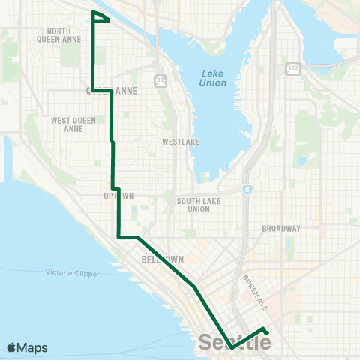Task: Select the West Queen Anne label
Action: (67, 124)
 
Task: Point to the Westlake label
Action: (178, 141)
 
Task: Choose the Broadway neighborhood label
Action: (281, 228)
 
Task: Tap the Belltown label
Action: (157, 259)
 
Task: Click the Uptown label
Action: (118, 196)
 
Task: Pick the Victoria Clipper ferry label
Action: (72, 273)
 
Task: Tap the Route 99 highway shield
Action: (160, 78)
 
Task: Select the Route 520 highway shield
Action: (292, 68)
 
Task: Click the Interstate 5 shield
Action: (247, 190)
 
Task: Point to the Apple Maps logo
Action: (27, 347)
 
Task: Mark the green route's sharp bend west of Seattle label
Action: (230, 348)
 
